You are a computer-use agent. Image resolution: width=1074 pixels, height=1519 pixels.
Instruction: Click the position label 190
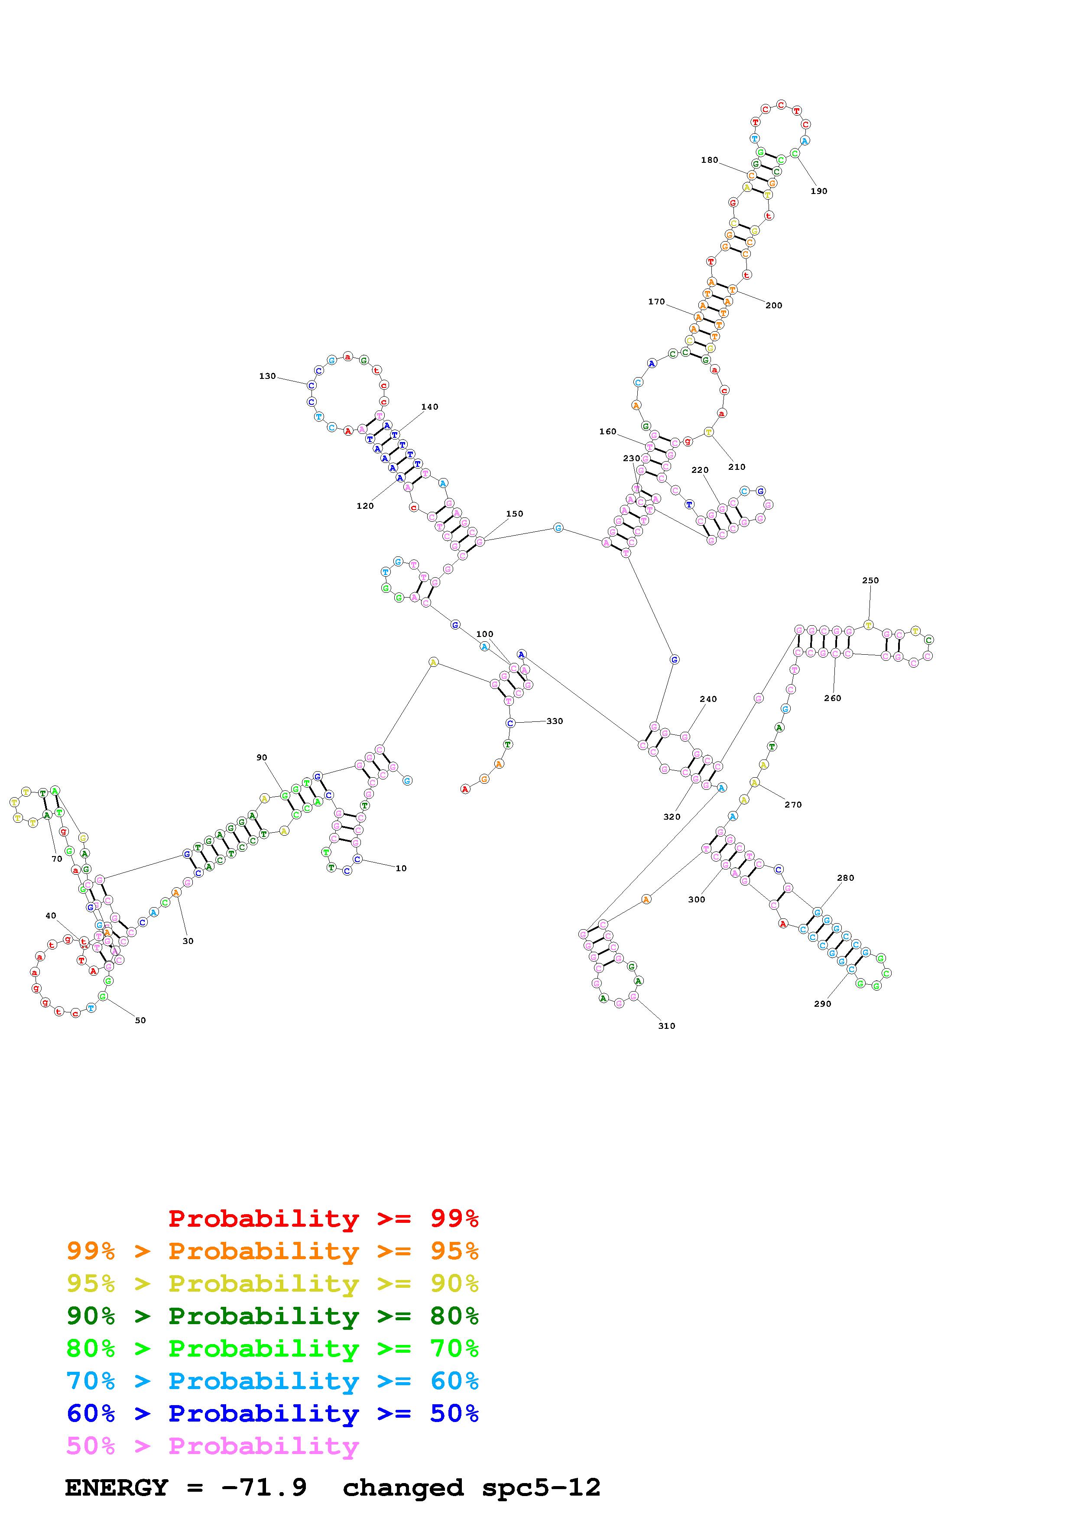pyautogui.click(x=818, y=191)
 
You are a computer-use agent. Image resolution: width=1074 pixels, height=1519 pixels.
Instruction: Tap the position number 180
pyautogui.click(x=709, y=160)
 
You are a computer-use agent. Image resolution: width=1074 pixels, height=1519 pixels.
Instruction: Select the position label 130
pyautogui.click(x=267, y=376)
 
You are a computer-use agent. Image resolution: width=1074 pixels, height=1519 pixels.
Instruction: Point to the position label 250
pyautogui.click(x=870, y=580)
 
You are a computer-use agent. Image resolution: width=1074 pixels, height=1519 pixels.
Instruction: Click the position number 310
pyautogui.click(x=666, y=1026)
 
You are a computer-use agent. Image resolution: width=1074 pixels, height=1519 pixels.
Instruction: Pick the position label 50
pyautogui.click(x=140, y=1020)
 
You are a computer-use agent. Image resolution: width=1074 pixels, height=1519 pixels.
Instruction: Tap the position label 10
pyautogui.click(x=401, y=869)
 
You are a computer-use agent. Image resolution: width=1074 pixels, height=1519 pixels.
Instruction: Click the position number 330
pyautogui.click(x=555, y=721)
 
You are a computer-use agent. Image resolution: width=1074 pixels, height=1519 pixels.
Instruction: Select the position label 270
pyautogui.click(x=793, y=805)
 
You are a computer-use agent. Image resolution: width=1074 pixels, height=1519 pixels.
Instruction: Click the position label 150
pyautogui.click(x=514, y=514)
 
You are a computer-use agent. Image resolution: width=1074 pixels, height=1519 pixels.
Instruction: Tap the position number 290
pyautogui.click(x=823, y=1004)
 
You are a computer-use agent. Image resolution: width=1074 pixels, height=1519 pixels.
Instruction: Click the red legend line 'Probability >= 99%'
pyautogui.click(x=323, y=1218)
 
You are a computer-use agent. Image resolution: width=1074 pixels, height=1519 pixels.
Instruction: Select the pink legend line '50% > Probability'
pyautogui.click(x=212, y=1445)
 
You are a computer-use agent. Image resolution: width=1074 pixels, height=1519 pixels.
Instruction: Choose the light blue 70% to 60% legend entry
pyautogui.click(x=272, y=1381)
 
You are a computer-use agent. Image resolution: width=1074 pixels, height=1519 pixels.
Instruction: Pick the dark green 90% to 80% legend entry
pyautogui.click(x=272, y=1316)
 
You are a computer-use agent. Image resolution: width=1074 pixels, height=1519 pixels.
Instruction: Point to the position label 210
pyautogui.click(x=737, y=467)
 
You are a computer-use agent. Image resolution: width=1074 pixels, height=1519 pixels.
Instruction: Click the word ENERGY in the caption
pyautogui.click(x=117, y=1487)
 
